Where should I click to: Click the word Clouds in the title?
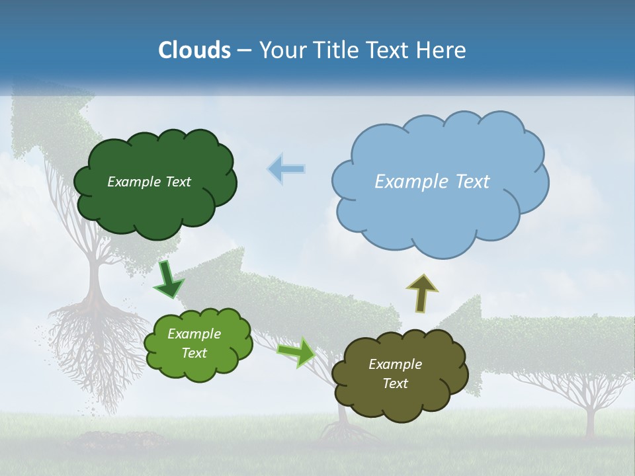pos(194,50)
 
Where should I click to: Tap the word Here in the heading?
pos(442,50)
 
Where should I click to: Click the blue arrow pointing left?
pos(286,169)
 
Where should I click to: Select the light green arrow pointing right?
pos(296,352)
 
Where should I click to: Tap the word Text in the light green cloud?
pos(194,353)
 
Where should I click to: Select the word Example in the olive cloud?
pos(395,364)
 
